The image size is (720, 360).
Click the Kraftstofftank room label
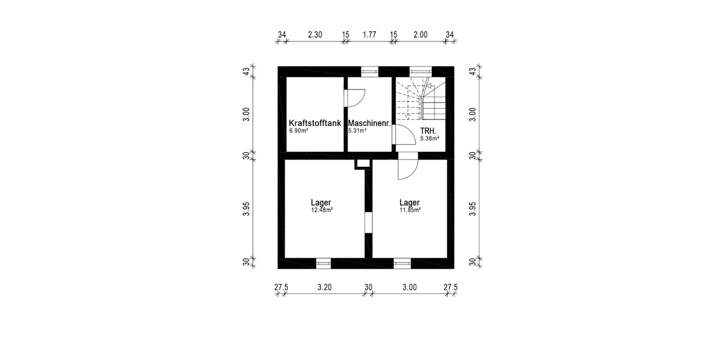coord(314,123)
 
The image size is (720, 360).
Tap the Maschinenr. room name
coord(370,123)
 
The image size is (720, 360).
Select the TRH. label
coord(427,130)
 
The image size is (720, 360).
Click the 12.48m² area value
coord(322,210)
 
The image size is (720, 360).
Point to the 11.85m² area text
coord(409,210)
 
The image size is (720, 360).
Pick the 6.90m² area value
coord(298,131)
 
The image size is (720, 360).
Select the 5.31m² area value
coord(358,131)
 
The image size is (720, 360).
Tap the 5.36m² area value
coord(430,138)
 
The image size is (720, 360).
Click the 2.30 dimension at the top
coord(315,35)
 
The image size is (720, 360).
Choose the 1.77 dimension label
coord(370,35)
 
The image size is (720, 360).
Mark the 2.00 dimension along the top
coord(421,35)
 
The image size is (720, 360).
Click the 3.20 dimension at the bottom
coord(324,287)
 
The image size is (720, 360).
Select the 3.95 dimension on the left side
coord(246,208)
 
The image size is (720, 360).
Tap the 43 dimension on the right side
coord(473,71)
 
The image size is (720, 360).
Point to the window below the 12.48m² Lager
coord(323,263)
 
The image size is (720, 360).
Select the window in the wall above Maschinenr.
coord(369,71)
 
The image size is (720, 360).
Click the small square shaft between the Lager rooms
coord(363,163)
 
